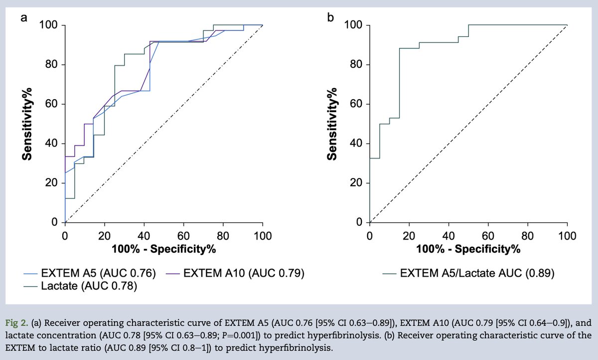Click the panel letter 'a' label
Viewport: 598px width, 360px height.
[23, 18]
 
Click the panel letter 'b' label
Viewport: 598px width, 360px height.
[330, 18]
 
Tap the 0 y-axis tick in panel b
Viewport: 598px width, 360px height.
[359, 222]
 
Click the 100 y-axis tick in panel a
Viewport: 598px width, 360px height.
[49, 25]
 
